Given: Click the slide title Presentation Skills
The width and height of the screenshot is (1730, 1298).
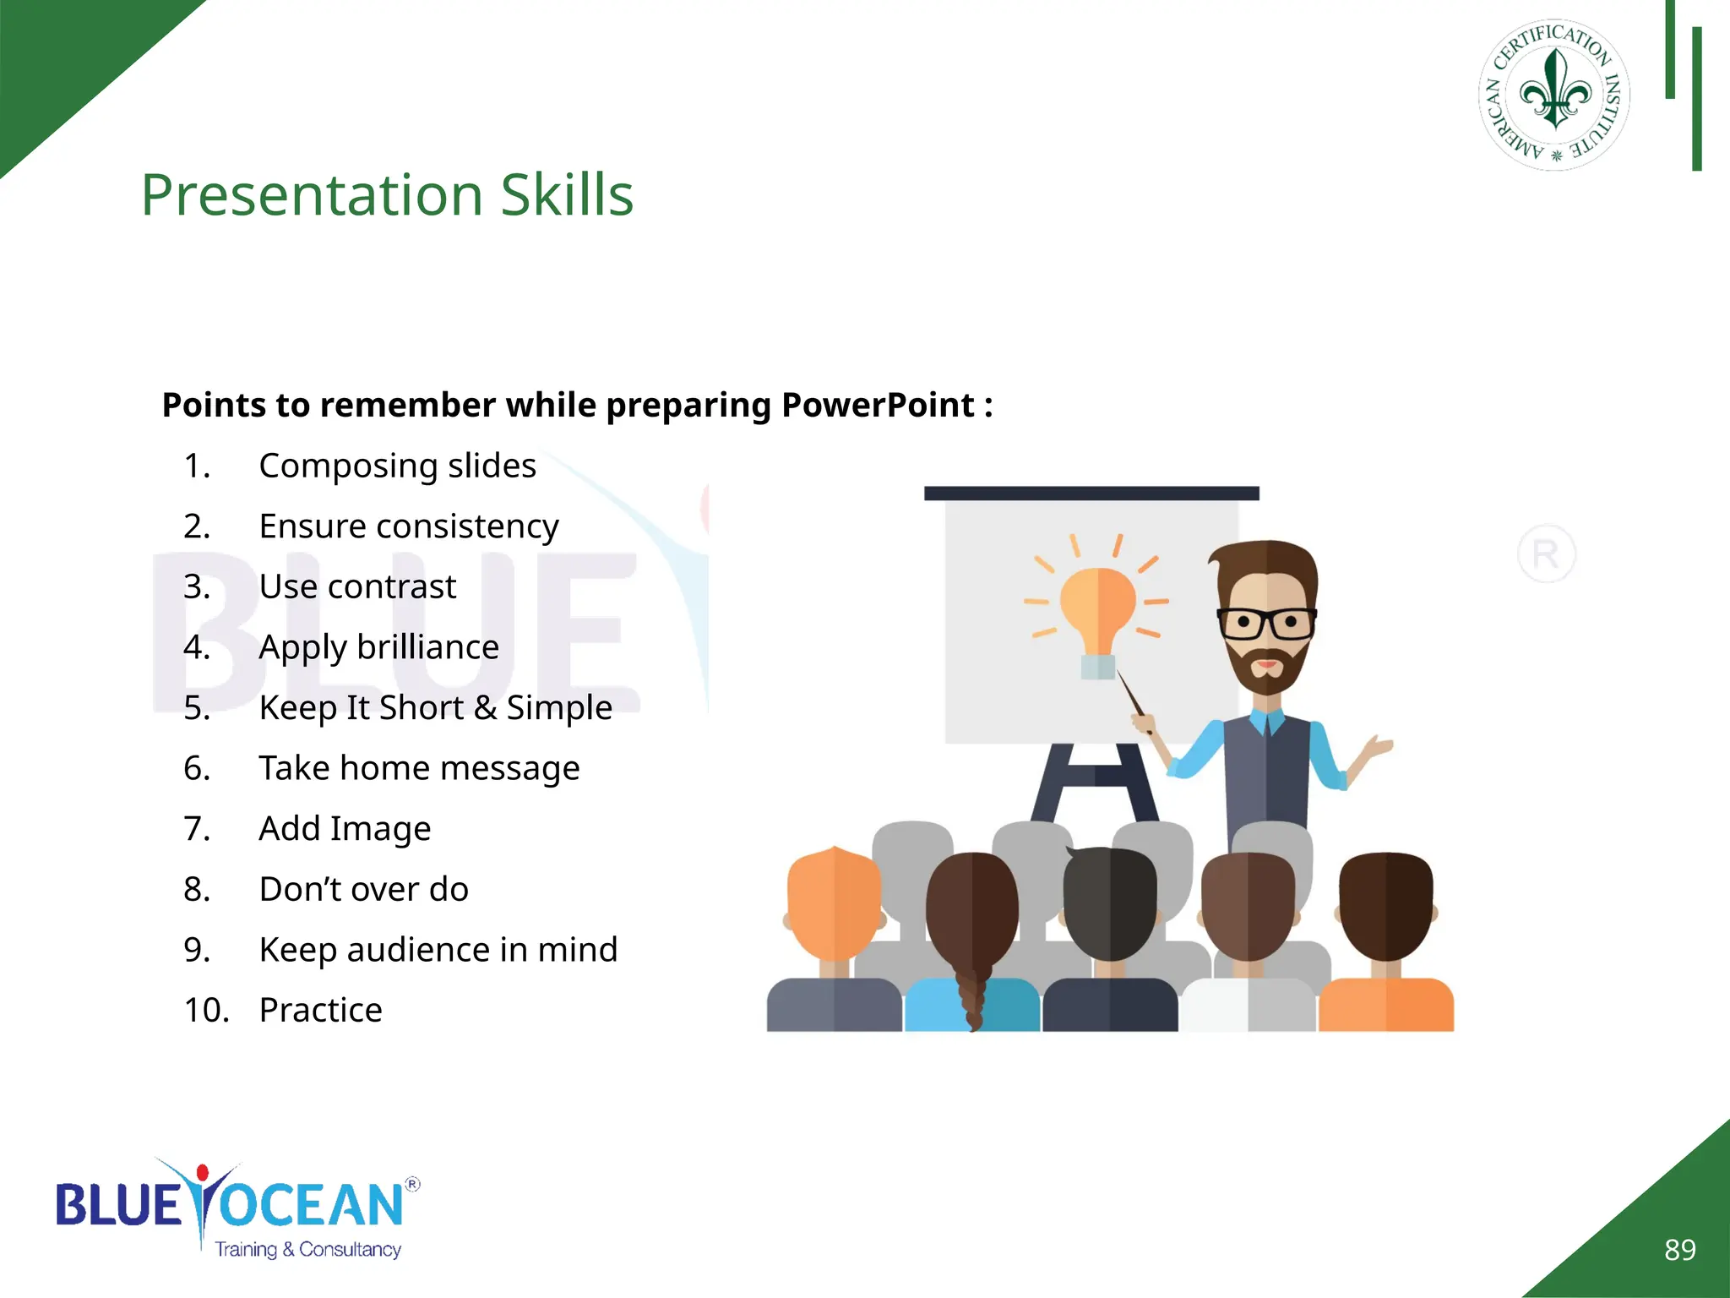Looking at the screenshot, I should [387, 195].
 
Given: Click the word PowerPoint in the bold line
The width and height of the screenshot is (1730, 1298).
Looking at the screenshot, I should [878, 406].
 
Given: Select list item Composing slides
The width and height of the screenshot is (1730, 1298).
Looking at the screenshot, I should [397, 466].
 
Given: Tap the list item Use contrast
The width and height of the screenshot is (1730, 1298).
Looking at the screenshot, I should [356, 586].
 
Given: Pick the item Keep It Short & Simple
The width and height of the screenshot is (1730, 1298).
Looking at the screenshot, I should [435, 707].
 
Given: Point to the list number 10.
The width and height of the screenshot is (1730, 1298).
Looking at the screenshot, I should [206, 1010].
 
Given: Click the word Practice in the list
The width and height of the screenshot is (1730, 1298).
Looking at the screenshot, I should [320, 1010].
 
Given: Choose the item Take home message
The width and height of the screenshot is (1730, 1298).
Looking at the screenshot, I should [419, 768].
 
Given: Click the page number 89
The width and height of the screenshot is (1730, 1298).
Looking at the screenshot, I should [1679, 1249].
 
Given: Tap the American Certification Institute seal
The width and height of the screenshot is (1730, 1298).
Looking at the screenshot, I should [1554, 95].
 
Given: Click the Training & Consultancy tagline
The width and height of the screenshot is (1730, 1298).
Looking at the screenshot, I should [307, 1249].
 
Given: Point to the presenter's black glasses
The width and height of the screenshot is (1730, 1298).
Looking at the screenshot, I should [1266, 624].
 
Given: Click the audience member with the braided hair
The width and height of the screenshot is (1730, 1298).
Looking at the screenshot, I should [972, 921].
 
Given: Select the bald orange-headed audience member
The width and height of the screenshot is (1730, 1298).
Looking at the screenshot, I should [833, 904].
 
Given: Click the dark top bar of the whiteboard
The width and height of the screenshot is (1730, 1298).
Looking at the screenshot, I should [1091, 494].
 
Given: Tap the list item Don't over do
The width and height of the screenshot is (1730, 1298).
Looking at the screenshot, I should [363, 889].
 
